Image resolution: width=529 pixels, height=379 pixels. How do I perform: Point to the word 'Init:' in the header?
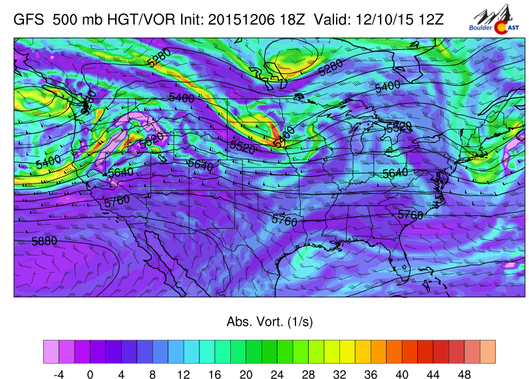pyautogui.click(x=190, y=19)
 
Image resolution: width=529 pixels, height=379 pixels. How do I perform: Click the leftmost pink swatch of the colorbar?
pyautogui.click(x=51, y=350)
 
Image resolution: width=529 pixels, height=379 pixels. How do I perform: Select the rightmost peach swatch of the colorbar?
pyautogui.click(x=487, y=350)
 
